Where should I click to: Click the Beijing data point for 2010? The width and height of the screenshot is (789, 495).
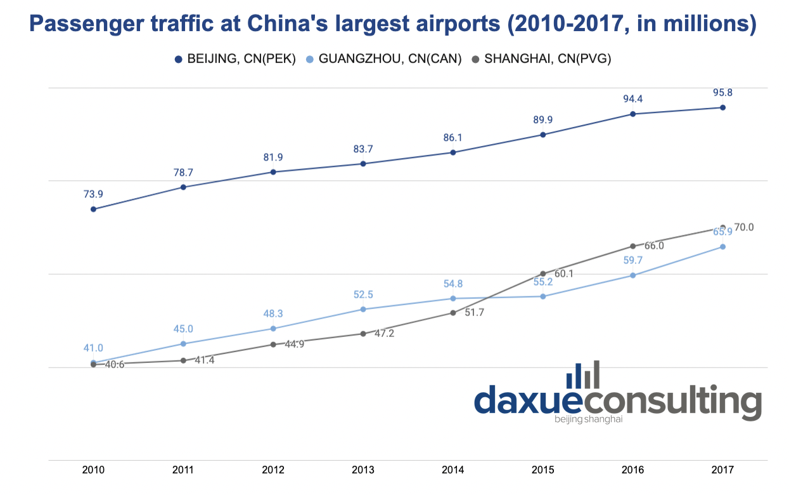pyautogui.click(x=93, y=209)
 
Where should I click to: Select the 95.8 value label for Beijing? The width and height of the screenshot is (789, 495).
pyautogui.click(x=722, y=93)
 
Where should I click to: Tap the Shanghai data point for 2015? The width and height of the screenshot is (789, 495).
pyautogui.click(x=543, y=274)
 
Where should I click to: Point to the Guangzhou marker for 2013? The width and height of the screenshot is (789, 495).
pyautogui.click(x=363, y=309)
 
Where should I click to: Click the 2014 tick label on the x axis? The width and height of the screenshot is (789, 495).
pyautogui.click(x=453, y=470)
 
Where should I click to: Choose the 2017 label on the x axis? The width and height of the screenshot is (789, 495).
pyautogui.click(x=722, y=470)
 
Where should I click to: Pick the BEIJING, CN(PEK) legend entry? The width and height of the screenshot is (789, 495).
pyautogui.click(x=236, y=59)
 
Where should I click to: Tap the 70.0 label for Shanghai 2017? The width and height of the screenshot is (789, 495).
pyautogui.click(x=744, y=227)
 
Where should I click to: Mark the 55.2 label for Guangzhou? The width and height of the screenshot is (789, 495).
pyautogui.click(x=543, y=282)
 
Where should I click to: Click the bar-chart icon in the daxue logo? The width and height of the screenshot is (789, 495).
pyautogui.click(x=582, y=375)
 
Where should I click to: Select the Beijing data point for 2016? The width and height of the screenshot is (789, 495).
pyautogui.click(x=632, y=114)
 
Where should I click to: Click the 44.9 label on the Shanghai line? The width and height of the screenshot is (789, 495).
pyautogui.click(x=294, y=345)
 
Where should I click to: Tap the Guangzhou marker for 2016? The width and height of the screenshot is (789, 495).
pyautogui.click(x=632, y=275)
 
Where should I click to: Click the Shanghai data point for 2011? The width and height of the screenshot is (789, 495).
pyautogui.click(x=183, y=360)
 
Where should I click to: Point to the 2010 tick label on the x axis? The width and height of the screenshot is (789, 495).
pyautogui.click(x=93, y=470)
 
